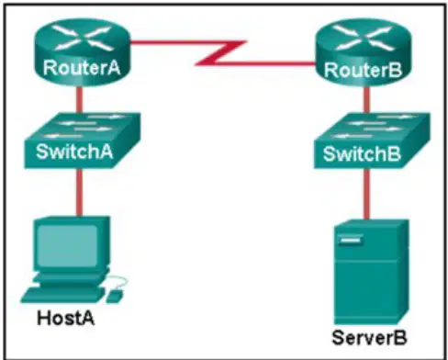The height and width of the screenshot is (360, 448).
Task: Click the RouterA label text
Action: (x=82, y=68)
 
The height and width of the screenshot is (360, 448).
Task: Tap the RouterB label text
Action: (x=363, y=70)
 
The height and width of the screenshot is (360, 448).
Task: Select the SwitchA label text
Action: (x=74, y=151)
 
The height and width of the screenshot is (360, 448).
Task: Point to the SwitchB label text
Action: (x=362, y=153)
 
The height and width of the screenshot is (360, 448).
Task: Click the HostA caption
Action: (x=66, y=318)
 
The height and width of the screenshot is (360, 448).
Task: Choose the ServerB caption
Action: (x=369, y=337)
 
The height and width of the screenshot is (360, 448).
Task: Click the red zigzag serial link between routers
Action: (x=222, y=52)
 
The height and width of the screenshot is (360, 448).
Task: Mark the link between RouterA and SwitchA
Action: (x=79, y=100)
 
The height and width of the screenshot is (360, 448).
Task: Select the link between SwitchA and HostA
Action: (x=79, y=192)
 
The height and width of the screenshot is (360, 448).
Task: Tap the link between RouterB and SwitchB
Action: (x=367, y=100)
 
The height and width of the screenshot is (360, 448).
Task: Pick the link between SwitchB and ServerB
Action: (x=367, y=194)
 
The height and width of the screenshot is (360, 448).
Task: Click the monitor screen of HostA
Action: (x=67, y=246)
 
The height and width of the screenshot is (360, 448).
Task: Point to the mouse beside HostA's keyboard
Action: (x=115, y=296)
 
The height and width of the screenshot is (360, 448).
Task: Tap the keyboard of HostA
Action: (x=62, y=295)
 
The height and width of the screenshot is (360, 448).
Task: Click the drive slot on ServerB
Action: (x=351, y=240)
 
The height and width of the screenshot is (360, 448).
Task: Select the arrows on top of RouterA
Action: (x=82, y=38)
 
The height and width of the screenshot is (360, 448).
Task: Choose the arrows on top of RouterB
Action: (x=364, y=38)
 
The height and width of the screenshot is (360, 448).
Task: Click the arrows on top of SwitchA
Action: (x=83, y=126)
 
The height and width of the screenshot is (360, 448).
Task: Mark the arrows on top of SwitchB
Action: (x=372, y=126)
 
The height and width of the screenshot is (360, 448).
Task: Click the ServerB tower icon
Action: (x=371, y=272)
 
